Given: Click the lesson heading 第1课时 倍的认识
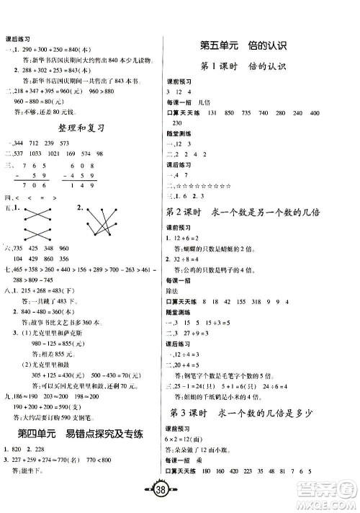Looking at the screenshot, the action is pos(244,68).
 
